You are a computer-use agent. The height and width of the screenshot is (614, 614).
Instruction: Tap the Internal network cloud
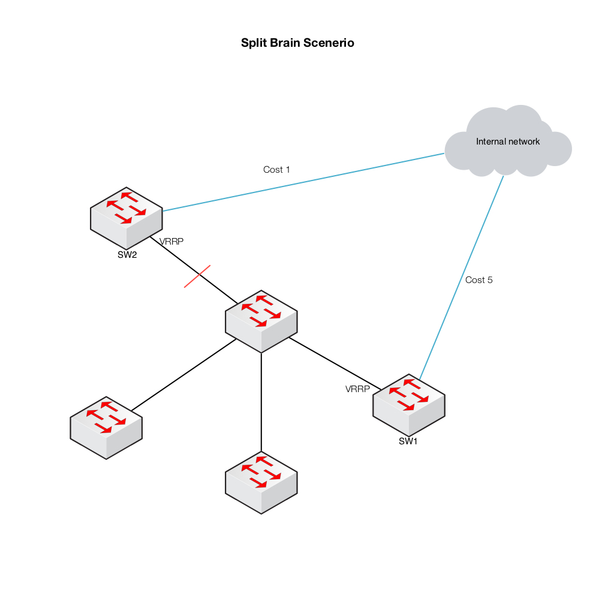coord(508,142)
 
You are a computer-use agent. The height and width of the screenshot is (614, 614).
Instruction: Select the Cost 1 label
coord(276,170)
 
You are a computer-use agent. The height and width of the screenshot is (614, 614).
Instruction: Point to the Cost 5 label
coord(478,280)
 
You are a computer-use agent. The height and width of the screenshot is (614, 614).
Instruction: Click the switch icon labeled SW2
coord(127,217)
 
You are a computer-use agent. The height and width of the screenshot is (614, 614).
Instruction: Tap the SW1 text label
coord(408,442)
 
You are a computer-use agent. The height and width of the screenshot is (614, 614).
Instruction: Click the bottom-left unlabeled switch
coord(106,427)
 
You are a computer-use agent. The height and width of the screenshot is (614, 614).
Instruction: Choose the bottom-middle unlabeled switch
coord(261,483)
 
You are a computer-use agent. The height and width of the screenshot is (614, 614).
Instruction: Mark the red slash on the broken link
coord(197,276)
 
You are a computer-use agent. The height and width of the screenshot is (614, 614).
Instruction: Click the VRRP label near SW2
coord(171,242)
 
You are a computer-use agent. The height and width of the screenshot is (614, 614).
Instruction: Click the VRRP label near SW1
coord(357,389)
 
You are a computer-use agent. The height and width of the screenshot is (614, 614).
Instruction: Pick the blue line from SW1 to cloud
coord(462,276)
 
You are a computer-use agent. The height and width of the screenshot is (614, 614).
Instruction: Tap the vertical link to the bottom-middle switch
coord(261,402)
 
